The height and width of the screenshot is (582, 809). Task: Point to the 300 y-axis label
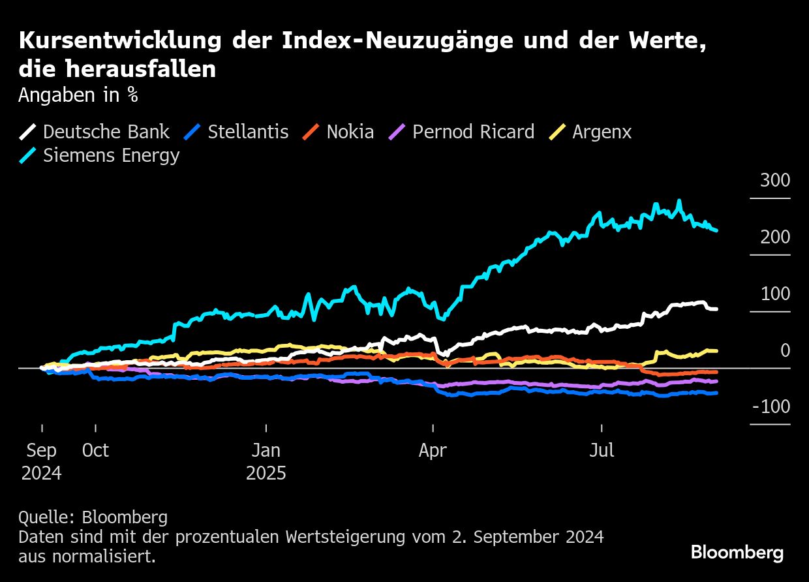click(x=774, y=180)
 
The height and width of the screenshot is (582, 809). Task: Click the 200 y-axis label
click(x=774, y=237)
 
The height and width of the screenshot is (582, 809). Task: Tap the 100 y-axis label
click(x=774, y=294)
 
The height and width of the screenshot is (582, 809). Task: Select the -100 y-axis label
click(x=771, y=407)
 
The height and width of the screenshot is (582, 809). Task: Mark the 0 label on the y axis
click(x=785, y=350)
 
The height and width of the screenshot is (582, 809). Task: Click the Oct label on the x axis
click(x=95, y=451)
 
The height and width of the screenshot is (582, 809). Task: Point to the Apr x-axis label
click(x=433, y=451)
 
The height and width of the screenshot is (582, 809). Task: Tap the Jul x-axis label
click(x=602, y=451)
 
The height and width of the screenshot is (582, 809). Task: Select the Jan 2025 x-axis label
click(x=266, y=461)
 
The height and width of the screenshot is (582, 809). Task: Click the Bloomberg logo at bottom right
click(x=737, y=553)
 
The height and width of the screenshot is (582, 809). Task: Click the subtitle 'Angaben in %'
click(x=78, y=95)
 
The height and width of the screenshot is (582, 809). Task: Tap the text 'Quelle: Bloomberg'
click(x=93, y=517)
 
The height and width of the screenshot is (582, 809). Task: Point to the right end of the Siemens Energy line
click(x=717, y=230)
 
